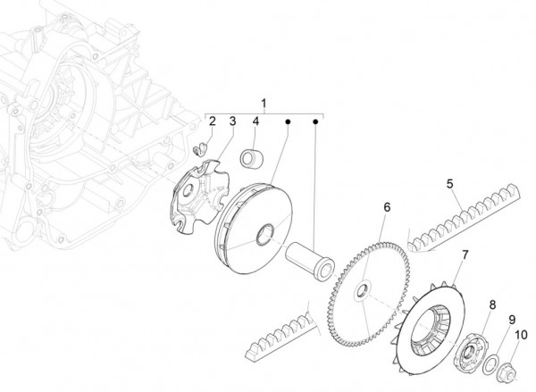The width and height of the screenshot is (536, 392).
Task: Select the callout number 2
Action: point(213,121)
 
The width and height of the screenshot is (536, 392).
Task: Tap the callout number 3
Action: point(231,121)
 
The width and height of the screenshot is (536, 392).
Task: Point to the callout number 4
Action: point(255,121)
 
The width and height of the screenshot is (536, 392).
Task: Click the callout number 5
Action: point(452,184)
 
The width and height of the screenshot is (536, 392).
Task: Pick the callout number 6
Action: point(387,207)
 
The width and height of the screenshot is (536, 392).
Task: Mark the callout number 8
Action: point(491,304)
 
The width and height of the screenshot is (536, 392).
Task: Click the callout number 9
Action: point(512,320)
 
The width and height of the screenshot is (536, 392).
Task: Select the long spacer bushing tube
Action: point(309,256)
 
